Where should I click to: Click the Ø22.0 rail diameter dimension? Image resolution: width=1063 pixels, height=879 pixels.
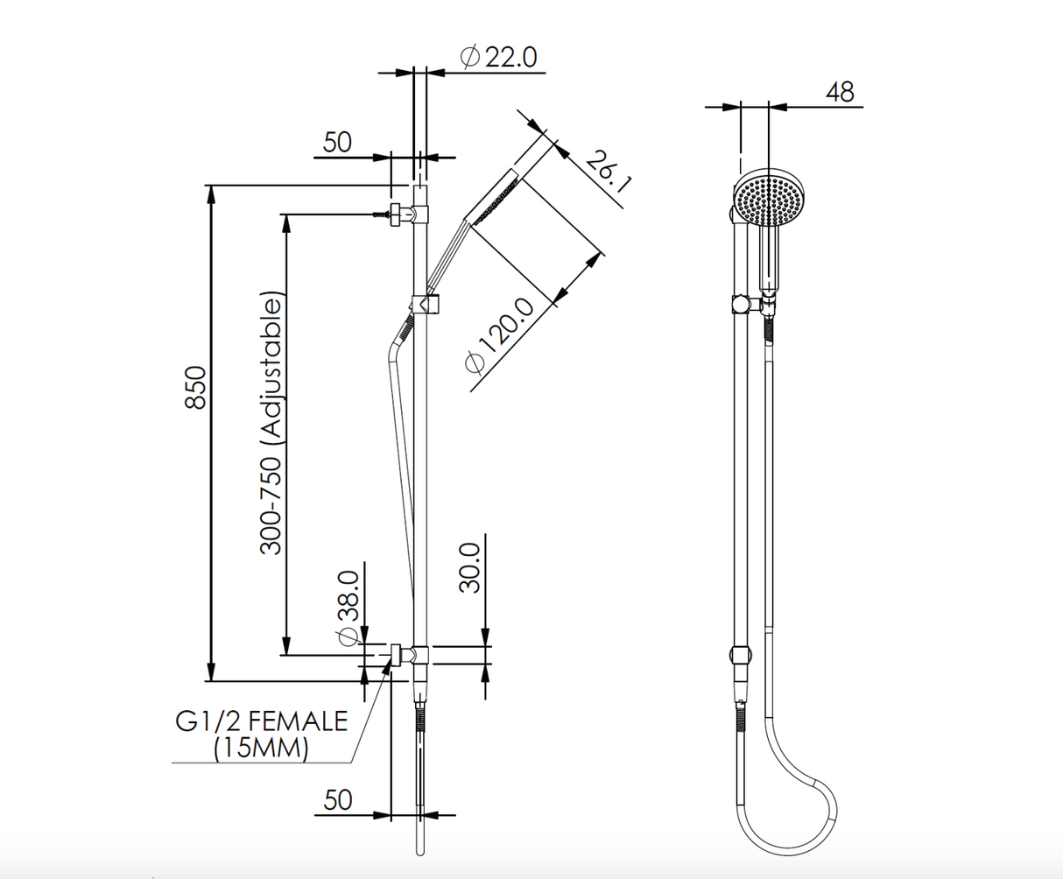point(498,58)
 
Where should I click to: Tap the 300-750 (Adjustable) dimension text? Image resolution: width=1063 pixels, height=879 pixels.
point(273,425)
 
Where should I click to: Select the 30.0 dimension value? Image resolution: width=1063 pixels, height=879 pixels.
point(470,567)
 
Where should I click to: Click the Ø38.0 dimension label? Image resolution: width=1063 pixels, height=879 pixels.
point(348,606)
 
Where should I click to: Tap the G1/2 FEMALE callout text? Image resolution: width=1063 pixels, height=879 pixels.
point(262,721)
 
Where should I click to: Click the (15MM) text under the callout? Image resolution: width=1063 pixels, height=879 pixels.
point(262,749)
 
